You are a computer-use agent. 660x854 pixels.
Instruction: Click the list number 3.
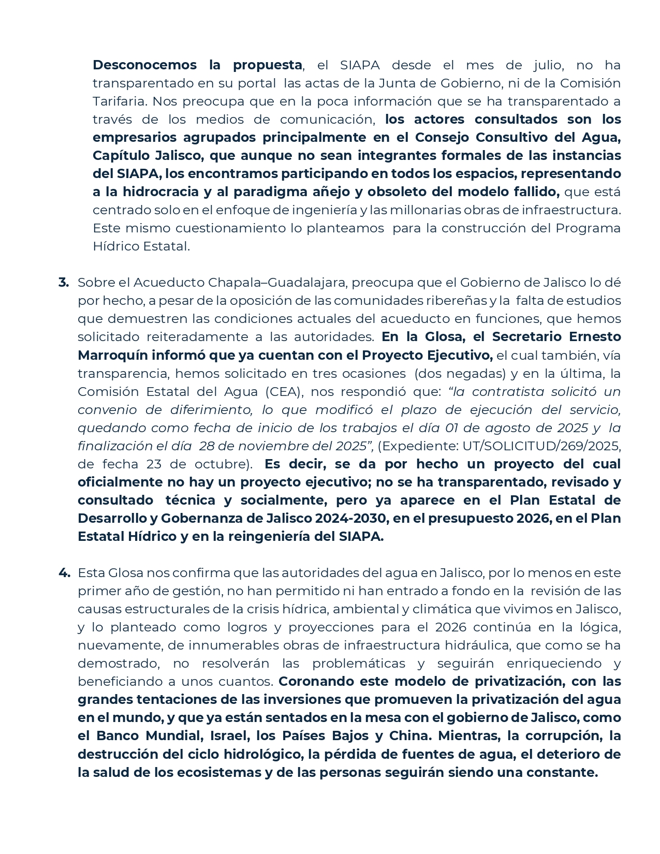(x=63, y=283)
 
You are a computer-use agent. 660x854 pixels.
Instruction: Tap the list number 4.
(x=64, y=573)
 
